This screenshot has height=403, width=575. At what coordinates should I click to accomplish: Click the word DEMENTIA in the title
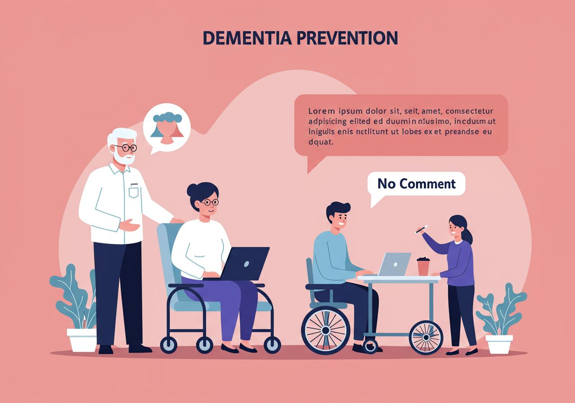pyautogui.click(x=247, y=38)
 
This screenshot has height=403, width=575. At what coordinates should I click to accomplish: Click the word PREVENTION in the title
pyautogui.click(x=347, y=38)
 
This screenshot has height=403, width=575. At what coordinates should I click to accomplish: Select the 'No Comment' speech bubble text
pyautogui.click(x=416, y=184)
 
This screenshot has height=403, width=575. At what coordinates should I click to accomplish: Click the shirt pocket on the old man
pyautogui.click(x=133, y=192)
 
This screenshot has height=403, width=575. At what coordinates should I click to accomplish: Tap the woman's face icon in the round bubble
pyautogui.click(x=168, y=128)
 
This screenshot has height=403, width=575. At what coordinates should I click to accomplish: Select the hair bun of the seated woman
pyautogui.click(x=191, y=190)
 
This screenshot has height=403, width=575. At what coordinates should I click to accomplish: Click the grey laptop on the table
pyautogui.click(x=394, y=264)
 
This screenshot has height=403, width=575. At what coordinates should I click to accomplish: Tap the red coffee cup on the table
pyautogui.click(x=423, y=266)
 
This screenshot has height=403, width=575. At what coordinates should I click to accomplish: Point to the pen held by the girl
pyautogui.click(x=421, y=229)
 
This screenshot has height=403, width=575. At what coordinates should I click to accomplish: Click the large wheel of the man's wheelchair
pyautogui.click(x=326, y=330)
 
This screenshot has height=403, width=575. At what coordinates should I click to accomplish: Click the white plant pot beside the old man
pyautogui.click(x=82, y=340)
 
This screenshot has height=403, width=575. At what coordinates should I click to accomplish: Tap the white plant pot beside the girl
pyautogui.click(x=499, y=345)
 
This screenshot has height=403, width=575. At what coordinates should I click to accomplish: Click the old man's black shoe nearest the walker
pyautogui.click(x=140, y=349)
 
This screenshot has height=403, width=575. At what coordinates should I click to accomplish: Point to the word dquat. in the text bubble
pyautogui.click(x=321, y=142)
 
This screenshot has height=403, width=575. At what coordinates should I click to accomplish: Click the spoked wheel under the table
pyautogui.click(x=426, y=337)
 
